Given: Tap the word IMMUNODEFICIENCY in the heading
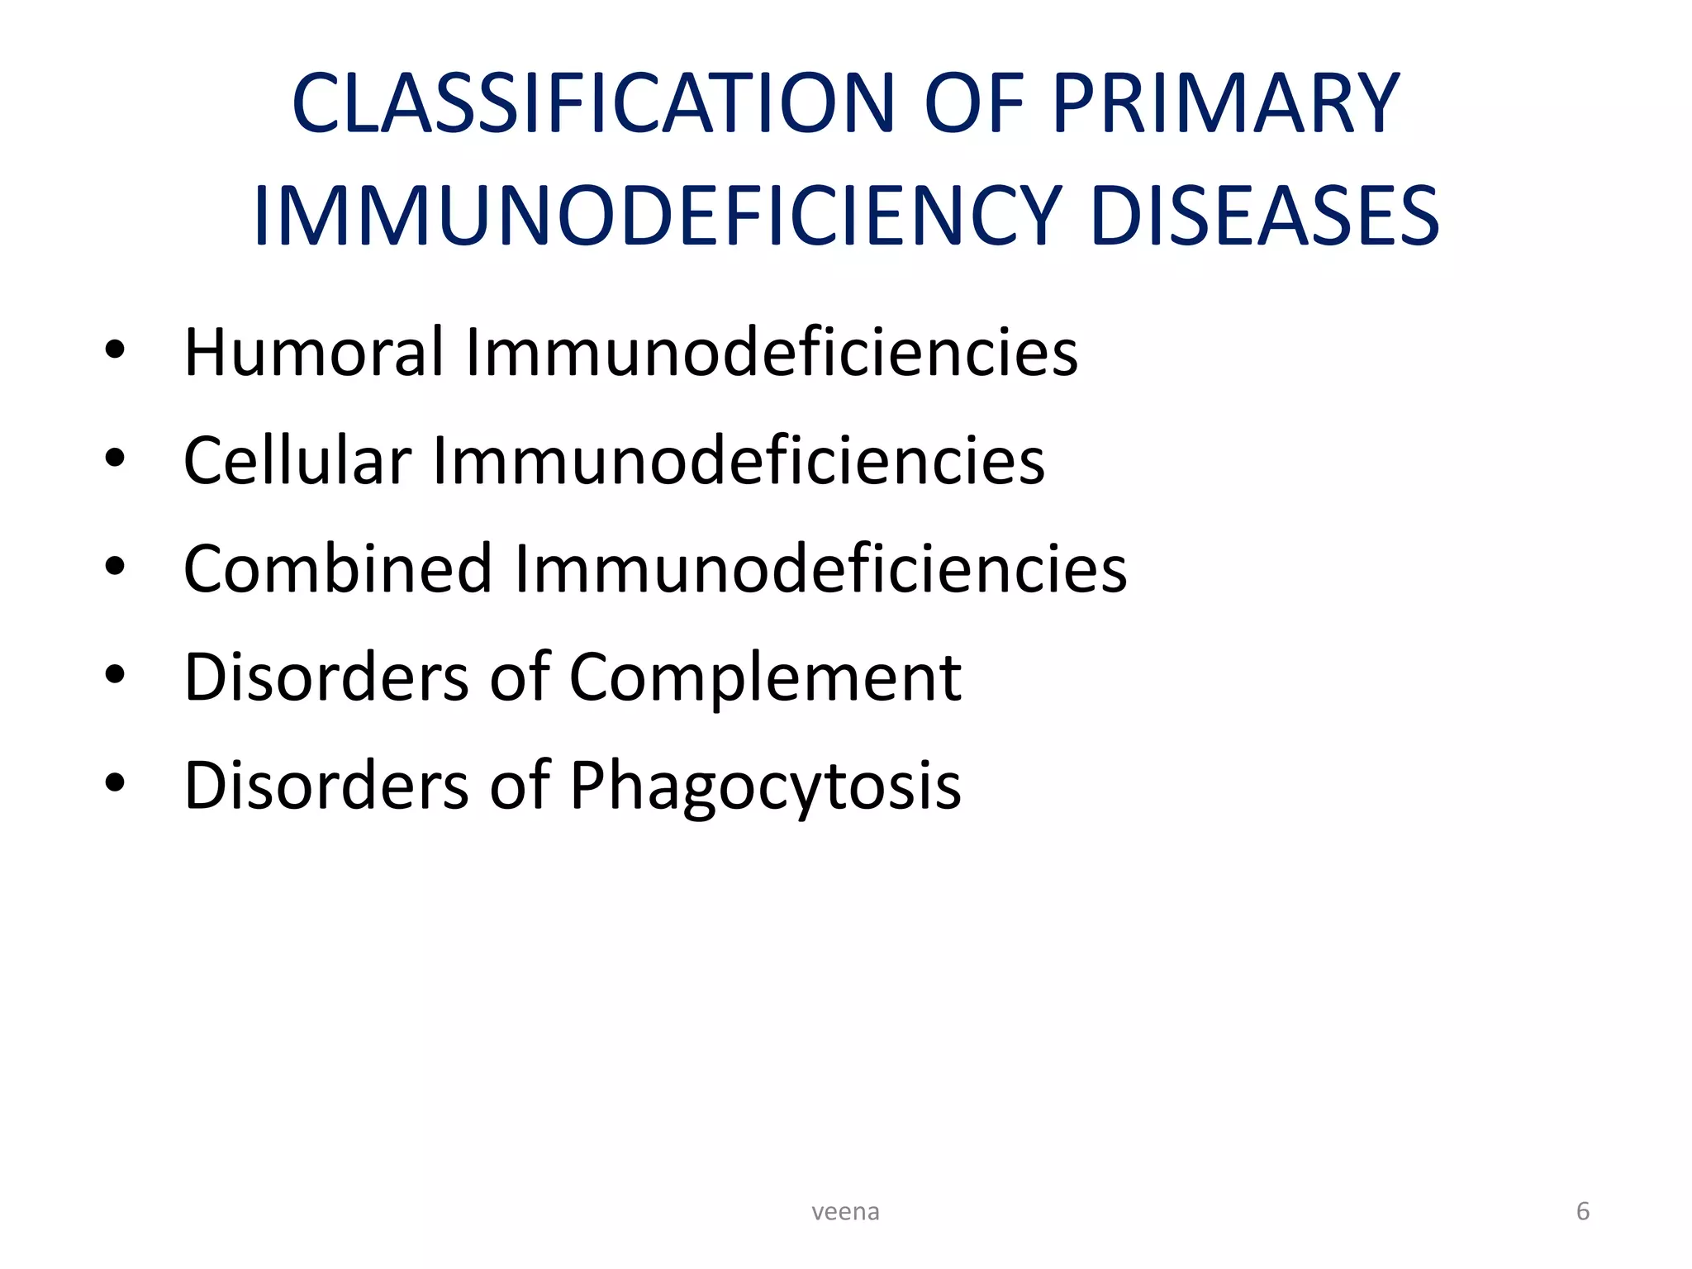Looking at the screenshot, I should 657,216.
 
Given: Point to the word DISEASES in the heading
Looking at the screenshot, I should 1264,216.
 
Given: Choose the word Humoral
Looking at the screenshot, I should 313,352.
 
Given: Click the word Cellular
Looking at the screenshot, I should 297,460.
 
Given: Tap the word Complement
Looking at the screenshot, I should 765,677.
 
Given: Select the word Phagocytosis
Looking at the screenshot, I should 765,786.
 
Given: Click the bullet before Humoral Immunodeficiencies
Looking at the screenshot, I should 115,350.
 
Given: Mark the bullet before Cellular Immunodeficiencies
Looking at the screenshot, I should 115,459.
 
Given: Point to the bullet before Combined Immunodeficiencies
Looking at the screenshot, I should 115,567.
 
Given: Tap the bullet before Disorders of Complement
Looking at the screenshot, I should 115,675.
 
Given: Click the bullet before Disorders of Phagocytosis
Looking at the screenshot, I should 115,783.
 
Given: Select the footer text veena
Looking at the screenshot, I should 845,1212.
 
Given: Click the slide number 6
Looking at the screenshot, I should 1583,1211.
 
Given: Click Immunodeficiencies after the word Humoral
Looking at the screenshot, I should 772,352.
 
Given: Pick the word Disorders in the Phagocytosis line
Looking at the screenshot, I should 326,786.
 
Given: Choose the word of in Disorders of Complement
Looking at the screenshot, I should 519,677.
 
